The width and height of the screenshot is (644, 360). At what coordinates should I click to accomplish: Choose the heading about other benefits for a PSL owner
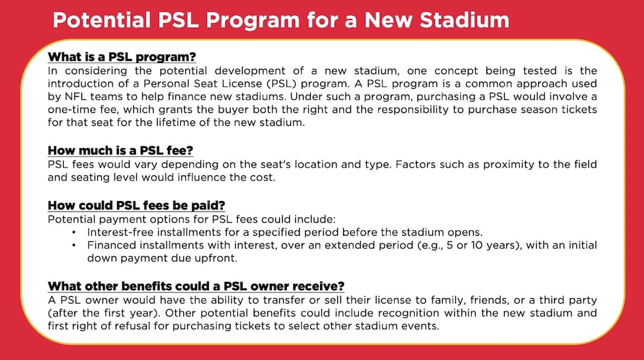[196, 286]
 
